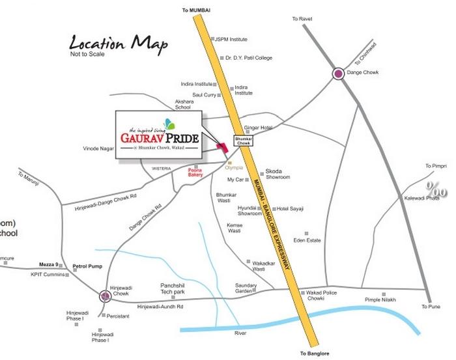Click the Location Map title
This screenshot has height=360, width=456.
tap(118, 44)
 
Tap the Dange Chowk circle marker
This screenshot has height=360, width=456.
tap(339, 74)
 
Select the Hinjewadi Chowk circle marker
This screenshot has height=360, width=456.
tap(105, 297)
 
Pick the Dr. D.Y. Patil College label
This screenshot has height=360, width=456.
tap(249, 57)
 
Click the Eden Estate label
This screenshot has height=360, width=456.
tap(307, 240)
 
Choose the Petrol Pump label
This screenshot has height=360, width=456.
tap(84, 266)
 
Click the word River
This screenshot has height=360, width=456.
tap(241, 333)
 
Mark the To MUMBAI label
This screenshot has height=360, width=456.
tap(197, 10)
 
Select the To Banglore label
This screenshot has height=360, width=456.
tap(316, 353)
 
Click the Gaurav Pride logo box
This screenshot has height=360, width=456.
tap(158, 133)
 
